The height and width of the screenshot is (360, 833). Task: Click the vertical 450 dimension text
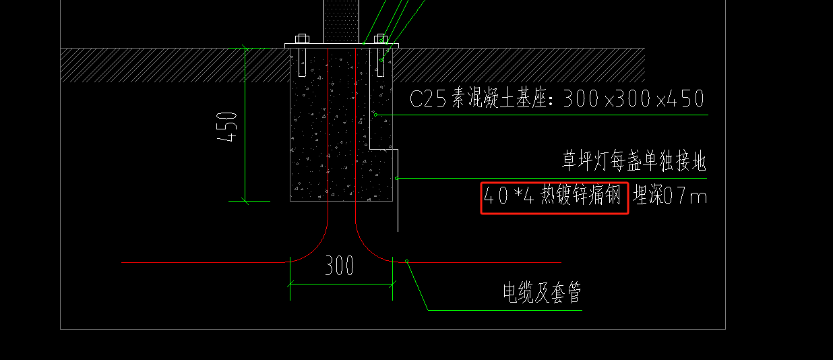pyautogui.click(x=226, y=127)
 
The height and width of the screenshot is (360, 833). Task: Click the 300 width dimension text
pyautogui.click(x=340, y=266)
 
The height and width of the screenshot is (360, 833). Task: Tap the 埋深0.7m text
pyautogui.click(x=670, y=196)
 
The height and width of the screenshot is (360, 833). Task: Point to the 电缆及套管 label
pyautogui.click(x=542, y=293)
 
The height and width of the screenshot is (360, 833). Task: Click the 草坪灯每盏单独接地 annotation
pyautogui.click(x=634, y=161)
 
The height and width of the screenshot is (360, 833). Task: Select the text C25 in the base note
pyautogui.click(x=428, y=99)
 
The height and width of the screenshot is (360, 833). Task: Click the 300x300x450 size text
pyautogui.click(x=634, y=99)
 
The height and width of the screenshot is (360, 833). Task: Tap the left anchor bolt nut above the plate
pyautogui.click(x=302, y=38)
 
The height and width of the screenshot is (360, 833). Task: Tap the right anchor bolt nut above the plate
pyautogui.click(x=381, y=38)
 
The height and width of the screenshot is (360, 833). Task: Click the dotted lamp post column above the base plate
pyautogui.click(x=342, y=21)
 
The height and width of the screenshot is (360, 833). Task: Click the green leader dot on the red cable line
pyautogui.click(x=407, y=261)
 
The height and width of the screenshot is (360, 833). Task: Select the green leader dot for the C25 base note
pyautogui.click(x=375, y=115)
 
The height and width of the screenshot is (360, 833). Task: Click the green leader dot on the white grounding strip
pyautogui.click(x=397, y=179)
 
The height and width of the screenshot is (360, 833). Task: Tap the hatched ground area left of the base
pyautogui.click(x=175, y=65)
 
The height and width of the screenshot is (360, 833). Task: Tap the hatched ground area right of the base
pyautogui.click(x=518, y=65)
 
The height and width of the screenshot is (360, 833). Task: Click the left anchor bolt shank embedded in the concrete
pyautogui.click(x=302, y=63)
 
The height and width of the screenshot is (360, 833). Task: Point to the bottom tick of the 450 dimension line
pyautogui.click(x=245, y=201)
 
